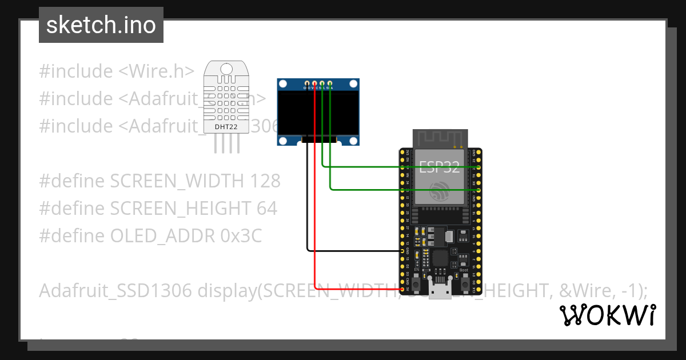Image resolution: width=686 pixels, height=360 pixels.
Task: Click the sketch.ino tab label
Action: (101, 25)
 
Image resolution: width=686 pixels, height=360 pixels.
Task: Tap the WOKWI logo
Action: (607, 315)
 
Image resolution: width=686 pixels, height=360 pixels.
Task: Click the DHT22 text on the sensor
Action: (226, 126)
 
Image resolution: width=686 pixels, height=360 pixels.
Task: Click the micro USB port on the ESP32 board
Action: (440, 291)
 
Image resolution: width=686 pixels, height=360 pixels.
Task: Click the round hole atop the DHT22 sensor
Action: (226, 70)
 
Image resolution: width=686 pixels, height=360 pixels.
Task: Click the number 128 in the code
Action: (265, 181)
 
